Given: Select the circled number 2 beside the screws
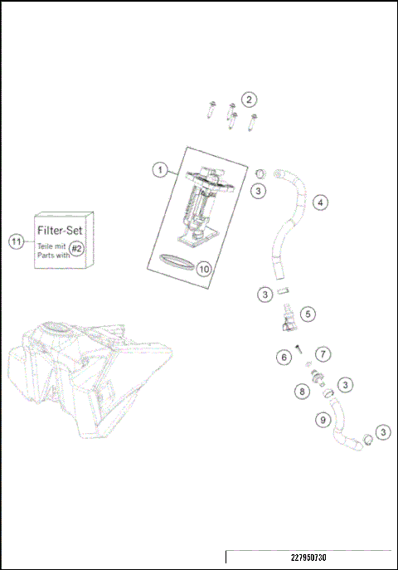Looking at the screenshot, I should point(249,100).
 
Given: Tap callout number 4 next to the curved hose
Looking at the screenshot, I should point(319,202).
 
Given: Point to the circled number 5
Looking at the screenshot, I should point(308,314).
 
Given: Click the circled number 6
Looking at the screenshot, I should point(284,357).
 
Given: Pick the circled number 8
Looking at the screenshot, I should point(303,390).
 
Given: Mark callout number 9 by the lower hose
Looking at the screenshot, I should point(323,420).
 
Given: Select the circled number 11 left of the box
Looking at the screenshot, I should point(16,241).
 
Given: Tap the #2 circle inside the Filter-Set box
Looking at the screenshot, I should point(76,248).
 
